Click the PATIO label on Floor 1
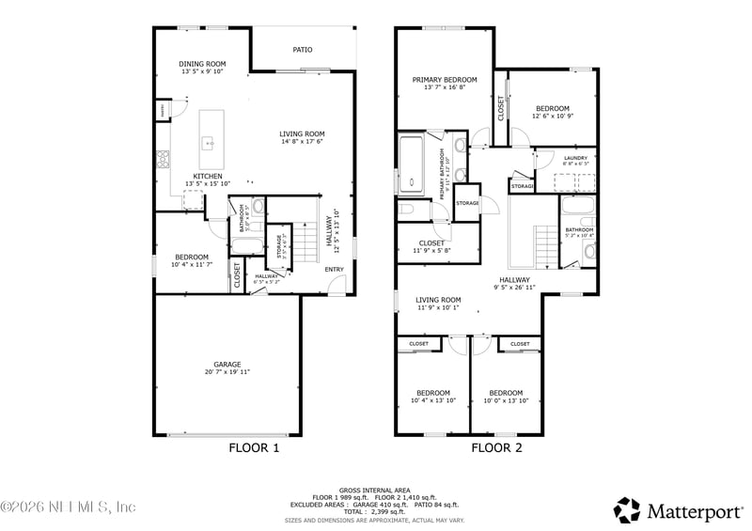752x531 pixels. [302, 50]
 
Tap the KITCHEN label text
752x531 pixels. [208, 176]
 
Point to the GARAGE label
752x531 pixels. [227, 365]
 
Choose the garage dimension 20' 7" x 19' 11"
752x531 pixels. [227, 373]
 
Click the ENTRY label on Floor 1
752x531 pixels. [335, 271]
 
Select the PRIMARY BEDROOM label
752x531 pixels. [445, 80]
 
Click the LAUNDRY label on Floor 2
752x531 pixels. [575, 158]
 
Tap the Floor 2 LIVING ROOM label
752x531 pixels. [438, 300]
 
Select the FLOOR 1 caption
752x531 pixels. [254, 448]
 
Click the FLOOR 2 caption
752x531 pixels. [496, 448]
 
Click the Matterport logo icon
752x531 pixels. [627, 509]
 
